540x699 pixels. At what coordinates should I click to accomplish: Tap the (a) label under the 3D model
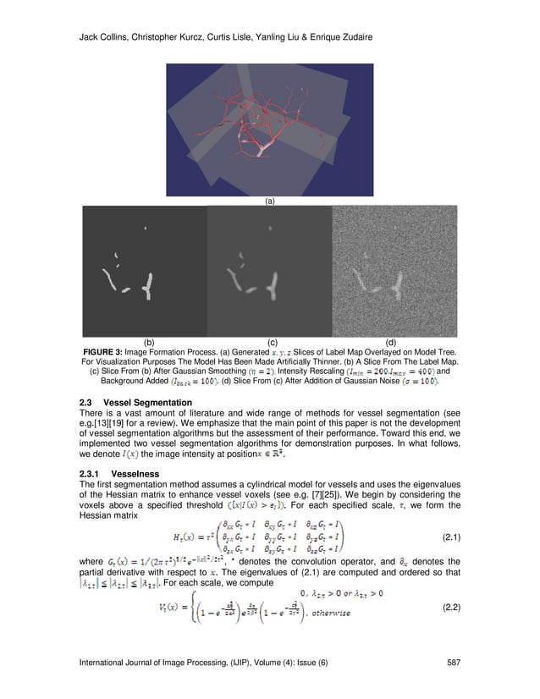click(x=270, y=201)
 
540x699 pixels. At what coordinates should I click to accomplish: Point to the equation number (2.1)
click(x=455, y=538)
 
